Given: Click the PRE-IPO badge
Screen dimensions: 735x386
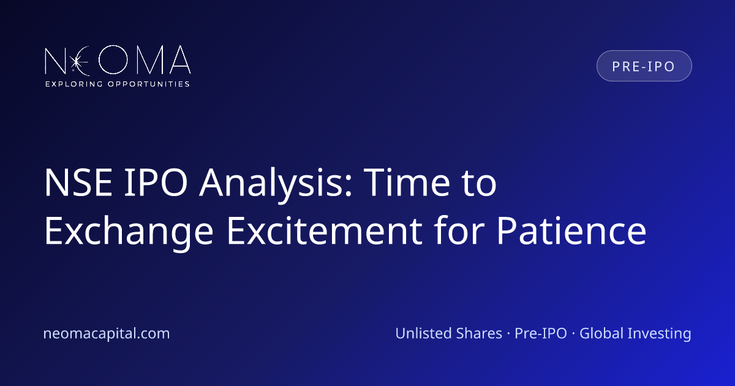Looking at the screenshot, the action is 644,66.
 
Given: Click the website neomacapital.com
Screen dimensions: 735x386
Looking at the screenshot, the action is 107,333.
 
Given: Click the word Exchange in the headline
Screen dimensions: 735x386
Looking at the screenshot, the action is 129,232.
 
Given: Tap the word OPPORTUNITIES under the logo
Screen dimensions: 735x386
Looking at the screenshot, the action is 149,84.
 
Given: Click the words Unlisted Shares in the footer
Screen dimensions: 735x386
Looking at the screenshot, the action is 448,333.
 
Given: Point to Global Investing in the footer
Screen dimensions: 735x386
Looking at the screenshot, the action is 635,334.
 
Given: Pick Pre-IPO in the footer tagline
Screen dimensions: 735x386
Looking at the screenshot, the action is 541,333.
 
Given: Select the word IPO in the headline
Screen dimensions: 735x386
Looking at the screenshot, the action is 156,182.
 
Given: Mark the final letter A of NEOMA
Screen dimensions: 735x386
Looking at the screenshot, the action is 180,59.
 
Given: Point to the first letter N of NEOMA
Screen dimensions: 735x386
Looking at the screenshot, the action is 55,61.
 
